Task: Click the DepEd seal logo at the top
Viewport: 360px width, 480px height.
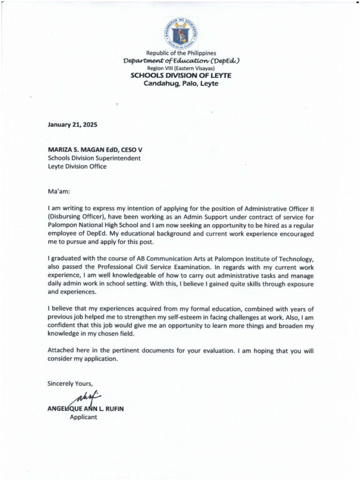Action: tap(180, 33)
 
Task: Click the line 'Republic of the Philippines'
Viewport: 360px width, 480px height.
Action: tap(180, 53)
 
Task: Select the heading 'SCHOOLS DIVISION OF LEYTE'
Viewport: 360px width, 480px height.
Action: tap(180, 75)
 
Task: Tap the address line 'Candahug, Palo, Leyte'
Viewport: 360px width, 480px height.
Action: tap(180, 84)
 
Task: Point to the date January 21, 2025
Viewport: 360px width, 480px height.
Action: tap(72, 125)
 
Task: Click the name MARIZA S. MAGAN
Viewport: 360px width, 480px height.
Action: tap(77, 150)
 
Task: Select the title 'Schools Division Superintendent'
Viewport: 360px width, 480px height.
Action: tap(94, 158)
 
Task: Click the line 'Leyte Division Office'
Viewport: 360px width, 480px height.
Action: tap(77, 166)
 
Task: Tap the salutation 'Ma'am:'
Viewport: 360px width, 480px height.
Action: tap(59, 192)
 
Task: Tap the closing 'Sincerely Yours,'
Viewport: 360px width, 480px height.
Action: tap(70, 384)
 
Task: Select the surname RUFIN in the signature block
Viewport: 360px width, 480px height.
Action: tap(113, 409)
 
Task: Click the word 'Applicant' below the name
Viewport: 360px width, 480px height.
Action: tap(83, 417)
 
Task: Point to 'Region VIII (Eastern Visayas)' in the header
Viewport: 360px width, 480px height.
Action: tap(180, 68)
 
